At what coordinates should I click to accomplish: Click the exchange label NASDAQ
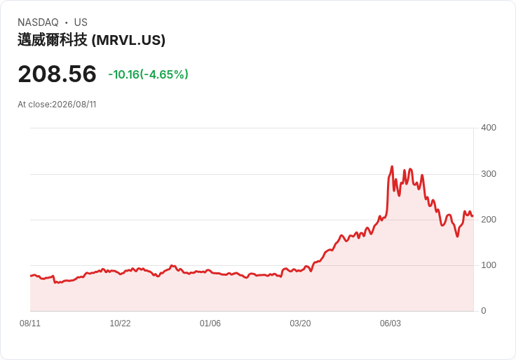[x=38, y=22]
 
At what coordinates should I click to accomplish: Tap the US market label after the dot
[x=81, y=22]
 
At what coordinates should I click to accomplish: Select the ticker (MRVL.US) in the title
[x=128, y=40]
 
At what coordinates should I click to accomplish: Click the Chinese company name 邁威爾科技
[x=53, y=40]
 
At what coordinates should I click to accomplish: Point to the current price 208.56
[x=57, y=74]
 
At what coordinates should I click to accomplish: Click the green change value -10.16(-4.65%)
[x=148, y=74]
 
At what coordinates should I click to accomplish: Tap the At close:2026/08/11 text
[x=57, y=105]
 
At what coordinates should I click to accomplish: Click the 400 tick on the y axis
[x=489, y=128]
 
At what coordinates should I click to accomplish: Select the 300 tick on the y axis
[x=489, y=174]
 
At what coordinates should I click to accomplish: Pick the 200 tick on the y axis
[x=489, y=220]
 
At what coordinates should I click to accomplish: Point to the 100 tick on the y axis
[x=489, y=265]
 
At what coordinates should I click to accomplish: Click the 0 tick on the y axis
[x=484, y=311]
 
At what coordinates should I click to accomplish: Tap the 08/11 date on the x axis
[x=30, y=323]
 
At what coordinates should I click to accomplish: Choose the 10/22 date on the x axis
[x=120, y=323]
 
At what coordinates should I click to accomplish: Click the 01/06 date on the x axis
[x=210, y=323]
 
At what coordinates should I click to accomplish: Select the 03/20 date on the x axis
[x=300, y=323]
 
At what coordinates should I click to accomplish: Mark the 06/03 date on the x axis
[x=391, y=323]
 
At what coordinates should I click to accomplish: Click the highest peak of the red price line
[x=392, y=166]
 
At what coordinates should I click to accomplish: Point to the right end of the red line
[x=473, y=216]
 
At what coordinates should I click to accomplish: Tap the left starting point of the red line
[x=31, y=276]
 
